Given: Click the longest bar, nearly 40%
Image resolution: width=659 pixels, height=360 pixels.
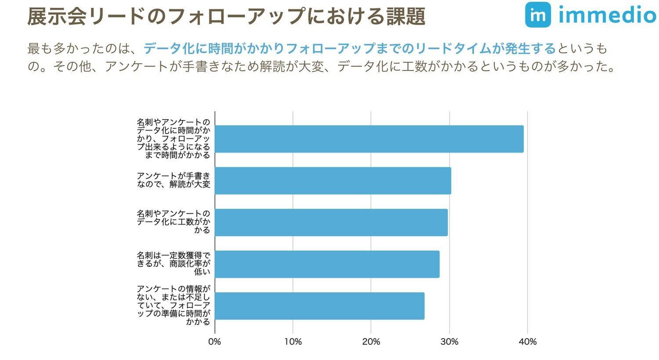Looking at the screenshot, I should [x=369, y=139].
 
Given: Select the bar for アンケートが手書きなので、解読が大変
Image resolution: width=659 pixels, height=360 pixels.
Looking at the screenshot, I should [x=333, y=181].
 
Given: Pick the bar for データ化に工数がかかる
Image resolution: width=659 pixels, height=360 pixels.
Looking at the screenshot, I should [x=331, y=222].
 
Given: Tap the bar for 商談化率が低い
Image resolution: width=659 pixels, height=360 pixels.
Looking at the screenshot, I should [x=327, y=264].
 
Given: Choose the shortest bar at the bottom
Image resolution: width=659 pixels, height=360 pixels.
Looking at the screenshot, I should [x=319, y=306].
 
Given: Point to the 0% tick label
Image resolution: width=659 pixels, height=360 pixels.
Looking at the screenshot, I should [x=214, y=342].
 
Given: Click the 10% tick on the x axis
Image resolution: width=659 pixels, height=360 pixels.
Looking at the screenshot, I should [x=293, y=342].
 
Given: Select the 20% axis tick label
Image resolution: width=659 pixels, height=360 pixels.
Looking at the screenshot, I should [x=371, y=342].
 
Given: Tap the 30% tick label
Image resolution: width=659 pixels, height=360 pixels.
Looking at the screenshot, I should [x=449, y=342].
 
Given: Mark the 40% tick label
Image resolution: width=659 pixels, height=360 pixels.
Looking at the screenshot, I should [x=527, y=342].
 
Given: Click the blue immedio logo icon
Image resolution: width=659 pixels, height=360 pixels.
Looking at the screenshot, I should [x=538, y=15].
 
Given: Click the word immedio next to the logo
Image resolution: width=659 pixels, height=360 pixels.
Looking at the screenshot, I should [x=607, y=15].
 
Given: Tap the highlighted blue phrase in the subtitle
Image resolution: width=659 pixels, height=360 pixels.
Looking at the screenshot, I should [x=349, y=48].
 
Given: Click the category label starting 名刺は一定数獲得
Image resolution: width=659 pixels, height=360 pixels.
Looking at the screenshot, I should [x=174, y=263].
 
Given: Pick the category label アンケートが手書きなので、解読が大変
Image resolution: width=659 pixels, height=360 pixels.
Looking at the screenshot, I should [x=174, y=180].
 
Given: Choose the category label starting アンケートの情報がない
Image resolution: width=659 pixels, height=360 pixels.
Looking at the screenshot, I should [x=174, y=305].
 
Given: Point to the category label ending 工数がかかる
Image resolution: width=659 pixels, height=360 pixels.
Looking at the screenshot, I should [x=174, y=222].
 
